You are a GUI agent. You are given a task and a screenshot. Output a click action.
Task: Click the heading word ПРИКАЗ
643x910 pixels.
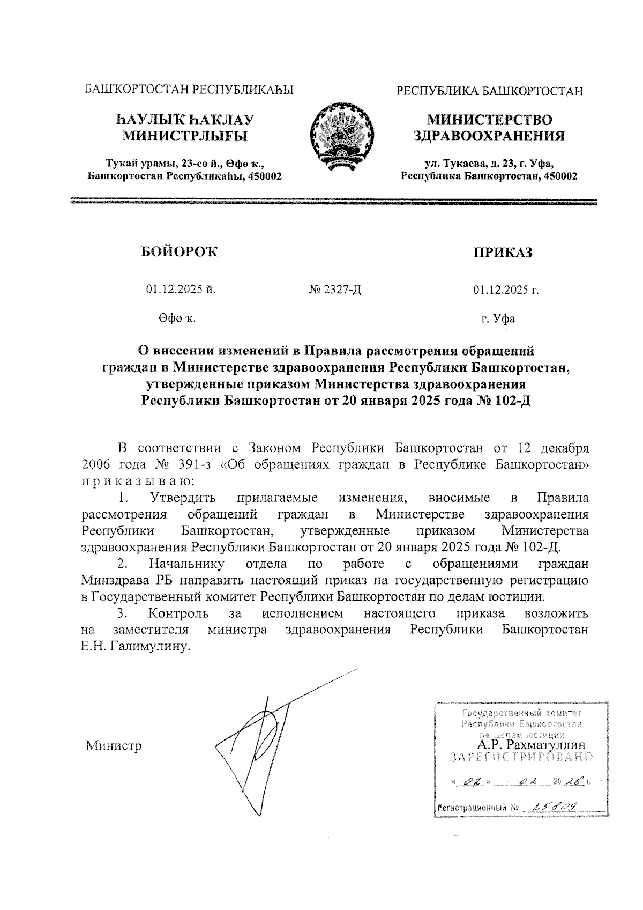(502, 253)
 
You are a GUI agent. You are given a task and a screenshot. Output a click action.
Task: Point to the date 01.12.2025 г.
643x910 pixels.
(505, 291)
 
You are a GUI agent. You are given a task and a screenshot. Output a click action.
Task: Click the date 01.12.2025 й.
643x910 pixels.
(181, 290)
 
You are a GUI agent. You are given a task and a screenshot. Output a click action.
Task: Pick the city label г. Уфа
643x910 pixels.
(498, 319)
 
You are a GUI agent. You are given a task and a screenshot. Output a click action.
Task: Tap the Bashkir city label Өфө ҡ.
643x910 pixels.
(176, 319)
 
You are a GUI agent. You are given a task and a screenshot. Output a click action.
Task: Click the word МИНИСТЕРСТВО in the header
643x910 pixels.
(489, 120)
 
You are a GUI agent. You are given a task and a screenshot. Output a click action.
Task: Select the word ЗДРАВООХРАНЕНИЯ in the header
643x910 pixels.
(489, 136)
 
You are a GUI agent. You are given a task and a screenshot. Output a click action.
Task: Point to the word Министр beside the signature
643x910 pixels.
(114, 746)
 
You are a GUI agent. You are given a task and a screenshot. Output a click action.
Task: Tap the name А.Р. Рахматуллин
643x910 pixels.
(531, 745)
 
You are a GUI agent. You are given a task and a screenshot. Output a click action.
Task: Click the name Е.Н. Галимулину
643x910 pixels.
(136, 646)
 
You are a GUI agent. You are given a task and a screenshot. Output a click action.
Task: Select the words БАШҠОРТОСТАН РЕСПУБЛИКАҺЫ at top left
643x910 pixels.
(190, 90)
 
